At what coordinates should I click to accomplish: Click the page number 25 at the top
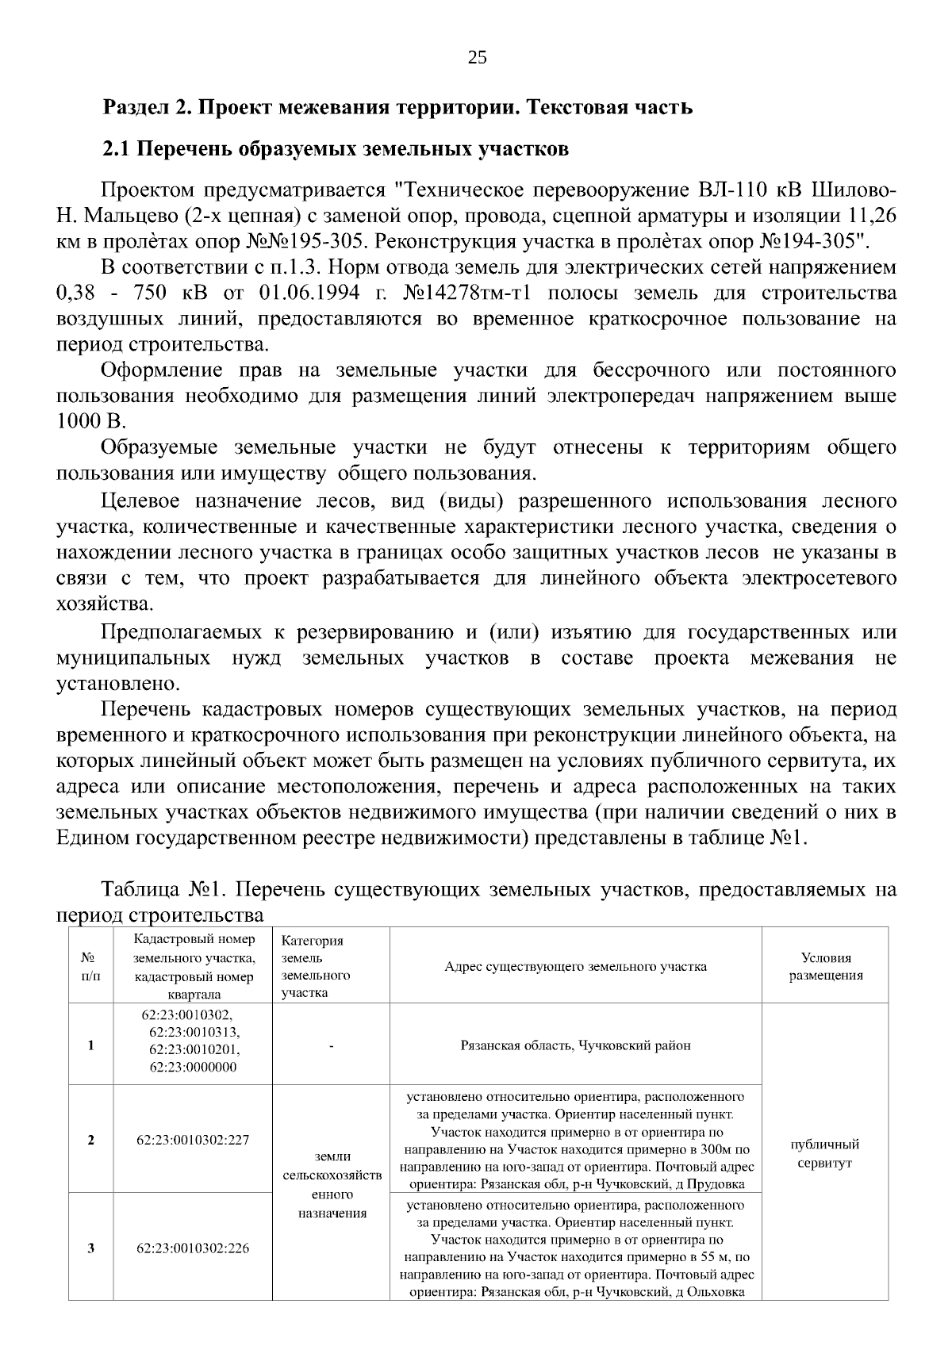477,57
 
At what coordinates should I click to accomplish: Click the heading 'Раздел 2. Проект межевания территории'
398,107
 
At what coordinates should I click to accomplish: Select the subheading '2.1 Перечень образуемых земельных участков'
336,148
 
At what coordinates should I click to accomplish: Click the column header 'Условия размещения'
825,966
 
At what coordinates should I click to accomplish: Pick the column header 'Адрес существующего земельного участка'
575,966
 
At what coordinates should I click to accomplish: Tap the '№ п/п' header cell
90,966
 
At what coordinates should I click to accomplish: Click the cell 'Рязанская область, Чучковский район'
575,1045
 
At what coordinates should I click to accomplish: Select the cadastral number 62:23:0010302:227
193,1140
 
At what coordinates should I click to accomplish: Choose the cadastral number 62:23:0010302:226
193,1248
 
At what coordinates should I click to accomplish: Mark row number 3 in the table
90,1248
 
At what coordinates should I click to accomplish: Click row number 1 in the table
90,1045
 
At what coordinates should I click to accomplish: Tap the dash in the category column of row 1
332,1045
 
